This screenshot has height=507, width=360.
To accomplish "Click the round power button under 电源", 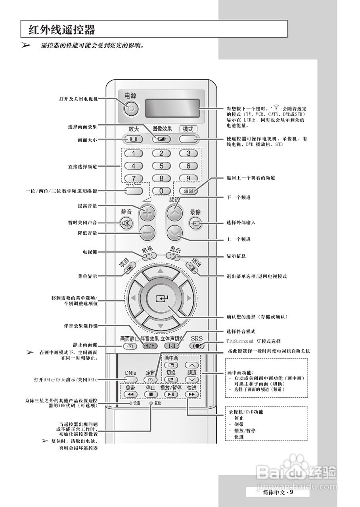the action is (132, 108).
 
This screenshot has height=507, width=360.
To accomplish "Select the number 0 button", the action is (161, 191).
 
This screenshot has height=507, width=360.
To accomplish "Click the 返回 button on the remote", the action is (188, 191).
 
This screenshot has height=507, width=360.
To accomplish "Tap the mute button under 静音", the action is (127, 224).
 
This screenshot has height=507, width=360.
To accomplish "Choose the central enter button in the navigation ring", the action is (160, 299).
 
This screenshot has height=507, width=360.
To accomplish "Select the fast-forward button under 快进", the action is (191, 395).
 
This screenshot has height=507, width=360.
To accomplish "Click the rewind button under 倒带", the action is (130, 395).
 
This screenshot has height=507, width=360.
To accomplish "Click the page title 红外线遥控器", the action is (62, 29).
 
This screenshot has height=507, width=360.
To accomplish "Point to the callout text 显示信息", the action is (236, 256).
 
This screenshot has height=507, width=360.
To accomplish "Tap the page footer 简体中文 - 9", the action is (278, 492).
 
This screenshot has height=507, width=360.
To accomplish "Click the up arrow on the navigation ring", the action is (160, 271).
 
